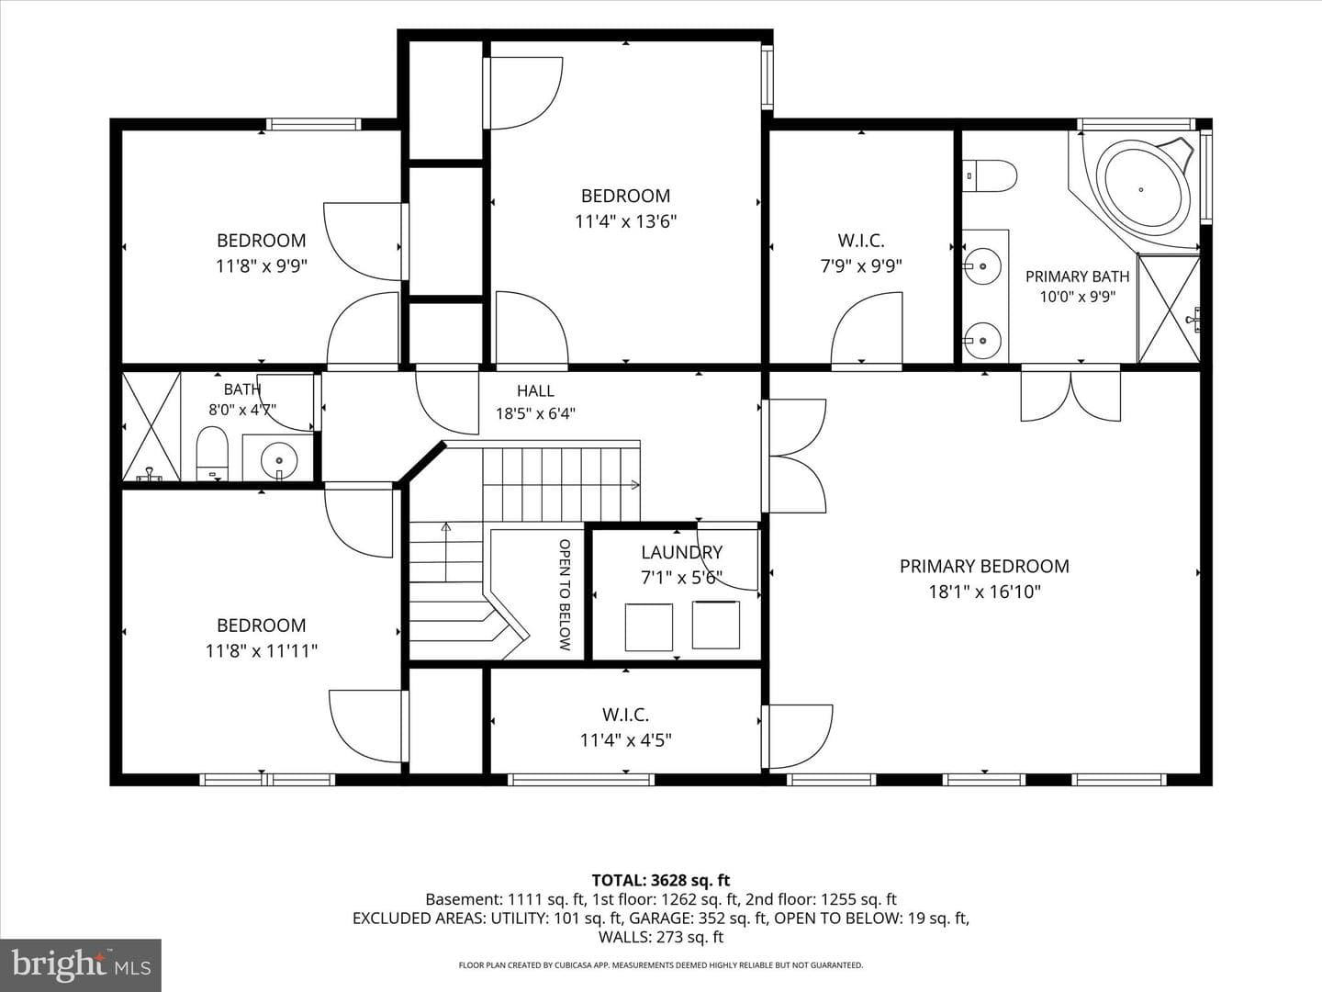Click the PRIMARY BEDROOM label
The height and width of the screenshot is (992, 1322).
pos(984,566)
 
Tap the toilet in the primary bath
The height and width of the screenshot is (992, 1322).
pos(989,175)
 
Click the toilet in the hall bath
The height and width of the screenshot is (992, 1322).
pos(212,454)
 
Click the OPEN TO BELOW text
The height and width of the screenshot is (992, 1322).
pos(565,594)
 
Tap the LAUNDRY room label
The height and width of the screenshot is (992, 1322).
pos(681,552)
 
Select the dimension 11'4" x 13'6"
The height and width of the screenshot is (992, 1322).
pos(626,221)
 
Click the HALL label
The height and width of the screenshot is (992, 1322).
pos(535,391)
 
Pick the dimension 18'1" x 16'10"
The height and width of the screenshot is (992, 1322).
pos(984,592)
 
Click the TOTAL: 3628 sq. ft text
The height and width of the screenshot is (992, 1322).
pos(661,881)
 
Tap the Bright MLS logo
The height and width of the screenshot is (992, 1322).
pos(81,964)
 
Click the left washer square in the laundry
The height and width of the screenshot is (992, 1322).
pos(649,627)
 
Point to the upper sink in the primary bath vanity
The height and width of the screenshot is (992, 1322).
pos(982,265)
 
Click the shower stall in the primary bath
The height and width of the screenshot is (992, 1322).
pos(1169,309)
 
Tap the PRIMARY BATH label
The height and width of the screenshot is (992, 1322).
pos(1078,276)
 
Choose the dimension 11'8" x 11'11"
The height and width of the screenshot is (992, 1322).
pos(262,651)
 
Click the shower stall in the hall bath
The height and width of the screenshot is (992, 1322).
pos(151,426)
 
